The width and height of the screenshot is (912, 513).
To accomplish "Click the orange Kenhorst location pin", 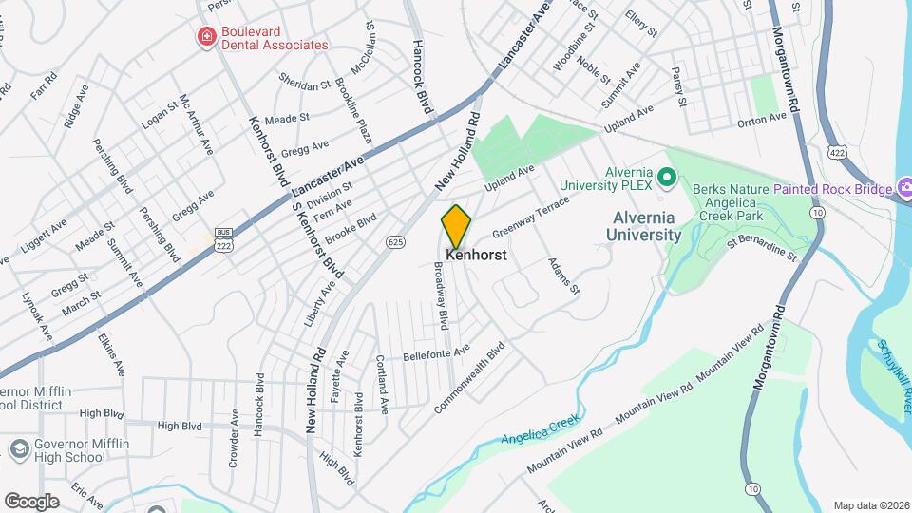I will [456, 226].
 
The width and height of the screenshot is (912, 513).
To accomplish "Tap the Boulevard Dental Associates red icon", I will [205, 37].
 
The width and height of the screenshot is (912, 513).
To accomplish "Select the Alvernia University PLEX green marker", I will [667, 177].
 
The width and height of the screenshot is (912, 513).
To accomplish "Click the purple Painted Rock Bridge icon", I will [902, 188].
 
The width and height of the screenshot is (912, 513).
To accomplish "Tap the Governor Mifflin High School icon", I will [18, 448].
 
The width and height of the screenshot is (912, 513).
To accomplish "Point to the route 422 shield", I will [836, 152].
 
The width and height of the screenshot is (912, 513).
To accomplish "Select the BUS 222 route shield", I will [224, 238].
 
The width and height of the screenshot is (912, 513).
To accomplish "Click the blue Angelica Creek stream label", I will [540, 429].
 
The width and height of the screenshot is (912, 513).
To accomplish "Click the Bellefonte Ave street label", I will [436, 351].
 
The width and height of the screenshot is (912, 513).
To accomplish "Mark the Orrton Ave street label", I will [763, 120].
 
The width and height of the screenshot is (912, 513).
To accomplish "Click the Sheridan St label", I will [304, 83].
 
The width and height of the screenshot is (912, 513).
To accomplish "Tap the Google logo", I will [31, 502].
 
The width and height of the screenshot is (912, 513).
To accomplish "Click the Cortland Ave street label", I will [382, 384].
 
